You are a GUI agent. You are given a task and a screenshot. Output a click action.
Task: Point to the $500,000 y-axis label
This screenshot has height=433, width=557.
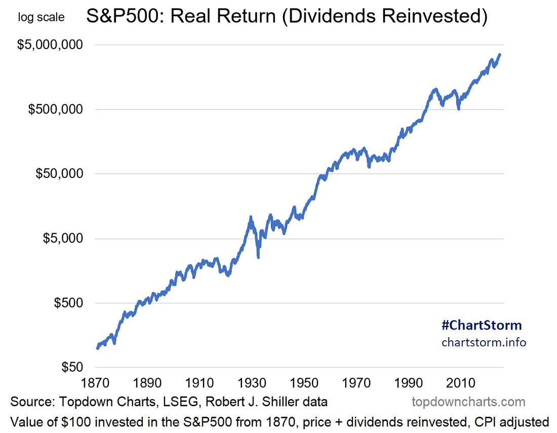click(x=55, y=109)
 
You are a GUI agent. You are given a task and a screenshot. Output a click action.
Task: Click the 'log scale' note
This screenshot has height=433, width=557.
click(x=41, y=17)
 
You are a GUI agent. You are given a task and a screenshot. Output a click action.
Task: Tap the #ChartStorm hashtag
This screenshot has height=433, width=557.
click(x=481, y=324)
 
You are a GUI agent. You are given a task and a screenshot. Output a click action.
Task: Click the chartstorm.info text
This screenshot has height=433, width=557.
click(x=484, y=342)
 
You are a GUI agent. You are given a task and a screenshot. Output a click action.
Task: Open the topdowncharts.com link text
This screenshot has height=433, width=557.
click(x=468, y=402)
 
